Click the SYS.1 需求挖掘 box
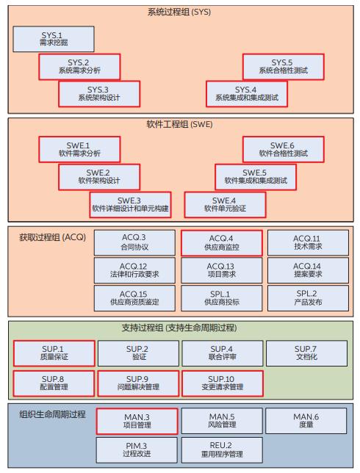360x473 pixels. (53, 39)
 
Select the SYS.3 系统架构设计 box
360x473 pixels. (98, 93)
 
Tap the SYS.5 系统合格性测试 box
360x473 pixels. (282, 67)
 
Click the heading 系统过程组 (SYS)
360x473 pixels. (180, 13)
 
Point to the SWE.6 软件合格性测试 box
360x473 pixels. (282, 150)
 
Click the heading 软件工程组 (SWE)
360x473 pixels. (180, 124)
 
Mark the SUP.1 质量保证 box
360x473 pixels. (54, 353)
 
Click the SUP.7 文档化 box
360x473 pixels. (306, 353)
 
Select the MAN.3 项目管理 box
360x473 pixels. (137, 421)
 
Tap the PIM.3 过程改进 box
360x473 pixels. (137, 449)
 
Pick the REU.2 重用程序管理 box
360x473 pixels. (221, 449)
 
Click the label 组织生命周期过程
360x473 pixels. (51, 414)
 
